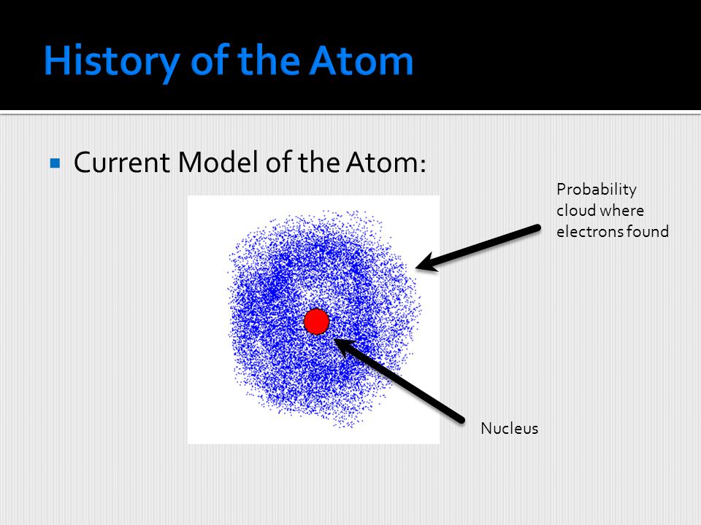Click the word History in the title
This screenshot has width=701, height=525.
pyautogui.click(x=112, y=62)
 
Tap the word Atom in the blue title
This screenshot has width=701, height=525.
pyautogui.click(x=361, y=61)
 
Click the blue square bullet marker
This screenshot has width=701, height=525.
pyautogui.click(x=55, y=163)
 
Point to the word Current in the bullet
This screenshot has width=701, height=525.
pyautogui.click(x=122, y=162)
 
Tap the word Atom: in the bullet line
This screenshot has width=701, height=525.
pyautogui.click(x=386, y=162)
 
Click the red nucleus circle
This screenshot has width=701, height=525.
pyautogui.click(x=316, y=322)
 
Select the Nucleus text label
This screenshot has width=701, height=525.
pyautogui.click(x=509, y=429)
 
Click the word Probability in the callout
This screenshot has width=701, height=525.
pyautogui.click(x=597, y=190)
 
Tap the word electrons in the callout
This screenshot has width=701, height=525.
pyautogui.click(x=590, y=232)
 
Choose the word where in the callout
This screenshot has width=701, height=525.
pyautogui.click(x=621, y=210)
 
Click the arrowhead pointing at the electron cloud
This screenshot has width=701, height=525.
pyautogui.click(x=426, y=263)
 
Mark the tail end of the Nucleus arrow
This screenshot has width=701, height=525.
pyautogui.click(x=461, y=420)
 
